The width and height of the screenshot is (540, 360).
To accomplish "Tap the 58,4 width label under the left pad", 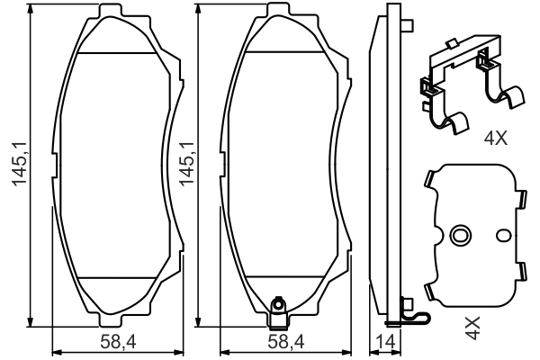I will pyautogui.click(x=111, y=342).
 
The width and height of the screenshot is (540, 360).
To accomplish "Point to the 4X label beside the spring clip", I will pyautogui.click(x=496, y=139).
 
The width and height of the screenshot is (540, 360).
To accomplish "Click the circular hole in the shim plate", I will pyautogui.click(x=460, y=236).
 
